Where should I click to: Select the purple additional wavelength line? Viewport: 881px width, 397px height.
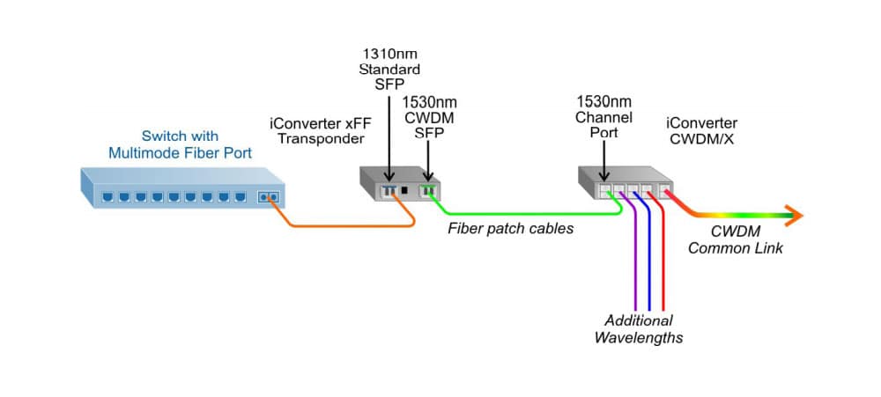point(634,264)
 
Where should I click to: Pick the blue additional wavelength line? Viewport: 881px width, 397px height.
point(648,264)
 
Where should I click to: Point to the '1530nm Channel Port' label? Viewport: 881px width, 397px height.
point(603,115)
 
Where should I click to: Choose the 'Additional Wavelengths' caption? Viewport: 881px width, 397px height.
point(639,329)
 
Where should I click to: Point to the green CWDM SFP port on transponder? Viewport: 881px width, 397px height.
point(428,189)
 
